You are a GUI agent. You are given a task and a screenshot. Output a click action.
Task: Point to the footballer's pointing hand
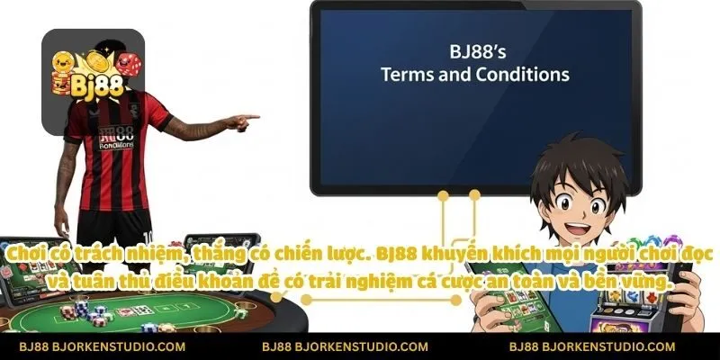[x=240, y=118]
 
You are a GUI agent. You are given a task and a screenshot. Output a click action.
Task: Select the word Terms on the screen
[x=408, y=75]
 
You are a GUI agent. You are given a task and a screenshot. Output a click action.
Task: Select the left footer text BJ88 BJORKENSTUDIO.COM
[x=103, y=346]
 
